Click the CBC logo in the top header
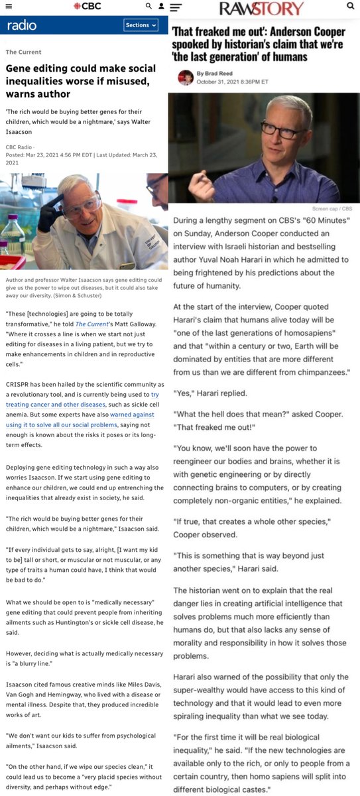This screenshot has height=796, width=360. coord(89,6)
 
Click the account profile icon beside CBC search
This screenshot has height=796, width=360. coord(160,6)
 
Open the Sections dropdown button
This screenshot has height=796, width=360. coord(141,25)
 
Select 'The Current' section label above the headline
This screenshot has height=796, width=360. coord(24,52)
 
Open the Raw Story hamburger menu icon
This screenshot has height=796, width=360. coord(176,7)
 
